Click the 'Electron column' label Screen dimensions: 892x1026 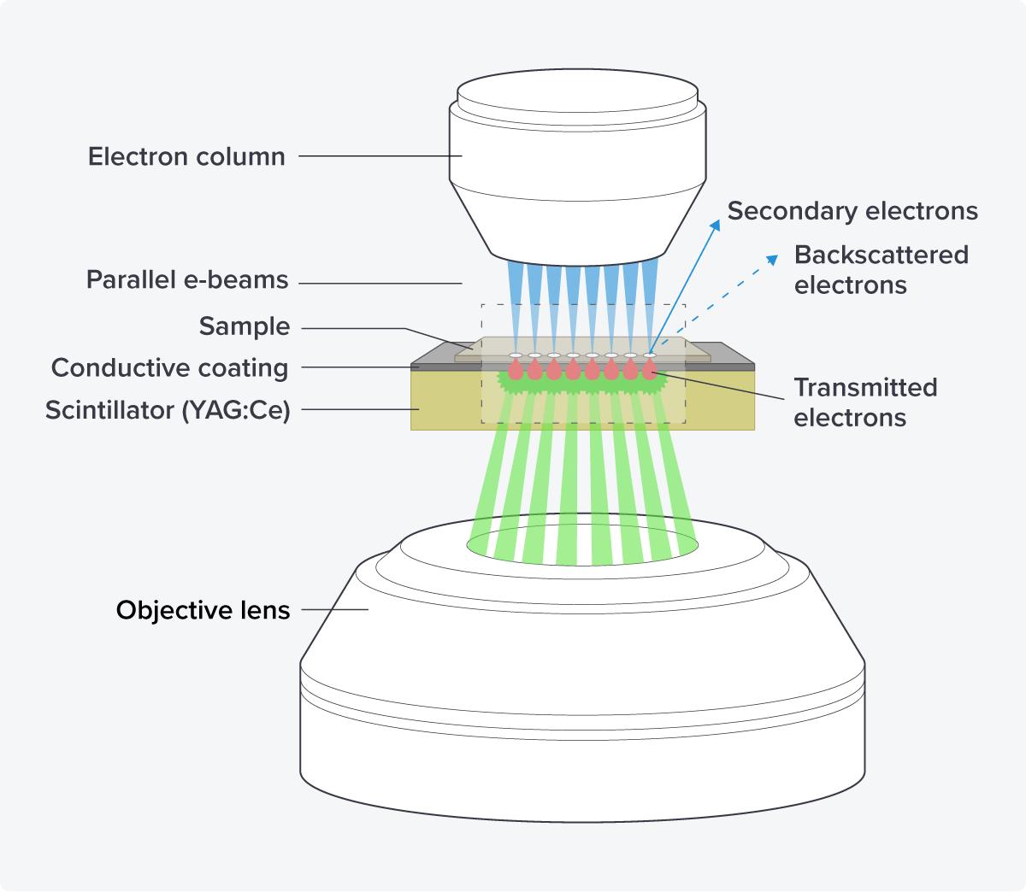[x=186, y=157]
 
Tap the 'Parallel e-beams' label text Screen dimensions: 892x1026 [x=187, y=280]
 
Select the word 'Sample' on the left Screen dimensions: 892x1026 [x=245, y=326]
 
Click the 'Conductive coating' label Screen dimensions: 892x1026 [x=170, y=368]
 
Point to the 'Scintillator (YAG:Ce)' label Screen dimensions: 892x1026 [x=168, y=410]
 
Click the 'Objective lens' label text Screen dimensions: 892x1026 [x=203, y=610]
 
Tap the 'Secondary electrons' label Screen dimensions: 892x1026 [x=852, y=211]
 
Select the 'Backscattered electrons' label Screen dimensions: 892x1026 [x=881, y=270]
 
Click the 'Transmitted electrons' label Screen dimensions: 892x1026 [x=865, y=402]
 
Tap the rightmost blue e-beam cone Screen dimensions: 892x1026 [x=651, y=290]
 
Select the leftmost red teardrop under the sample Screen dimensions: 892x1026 [x=516, y=370]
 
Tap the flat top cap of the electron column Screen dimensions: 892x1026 [x=578, y=89]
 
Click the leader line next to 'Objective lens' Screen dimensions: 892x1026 [x=334, y=610]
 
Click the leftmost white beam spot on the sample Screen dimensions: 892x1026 [x=516, y=355]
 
